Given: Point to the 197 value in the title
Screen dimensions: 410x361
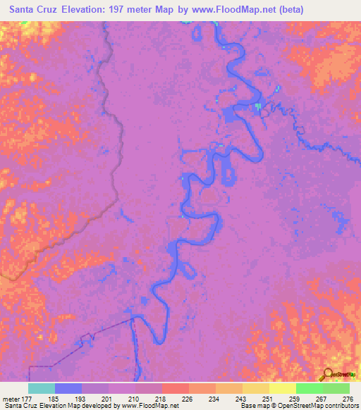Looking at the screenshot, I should point(141,10).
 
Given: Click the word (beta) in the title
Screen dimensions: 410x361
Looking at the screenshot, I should point(332,10).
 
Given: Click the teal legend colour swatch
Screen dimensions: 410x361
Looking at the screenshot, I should point(42,389).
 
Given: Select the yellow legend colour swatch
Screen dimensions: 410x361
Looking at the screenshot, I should point(282,389).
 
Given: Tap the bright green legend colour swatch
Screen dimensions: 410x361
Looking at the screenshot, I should point(309,389).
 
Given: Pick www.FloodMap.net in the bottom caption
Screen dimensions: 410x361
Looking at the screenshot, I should point(149,405).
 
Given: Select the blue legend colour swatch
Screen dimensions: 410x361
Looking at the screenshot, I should point(68,389).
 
